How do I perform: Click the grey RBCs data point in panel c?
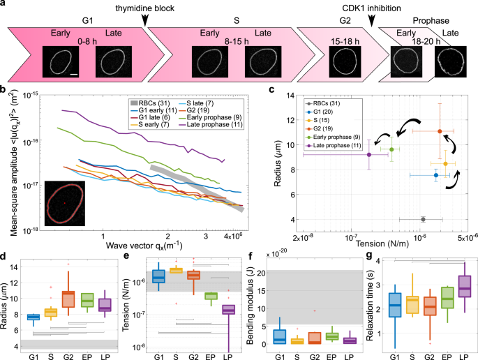(x=424, y=219)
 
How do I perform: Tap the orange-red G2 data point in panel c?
(x=439, y=131)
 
